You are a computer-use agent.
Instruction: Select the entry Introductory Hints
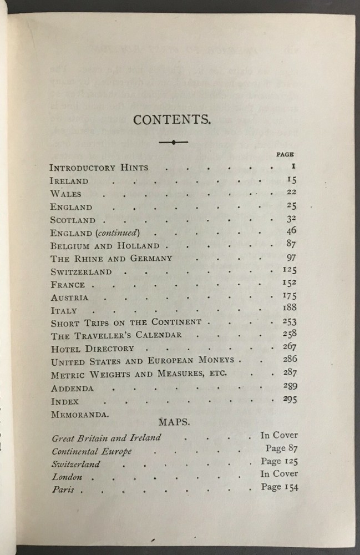tap(99, 167)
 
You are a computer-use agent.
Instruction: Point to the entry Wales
tap(65, 194)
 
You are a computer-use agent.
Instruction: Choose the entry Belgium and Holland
tap(104, 246)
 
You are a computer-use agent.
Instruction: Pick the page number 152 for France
tap(289, 284)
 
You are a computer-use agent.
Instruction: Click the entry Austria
tap(69, 297)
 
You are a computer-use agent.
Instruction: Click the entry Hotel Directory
tap(92, 349)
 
